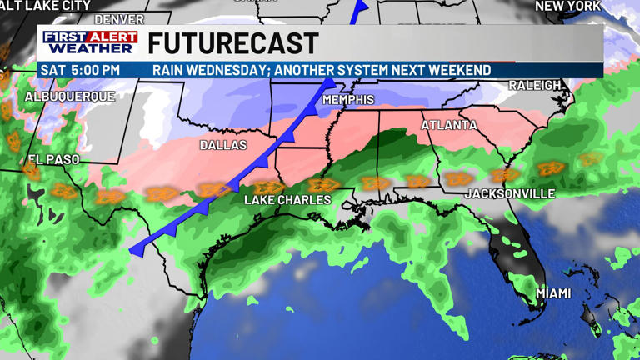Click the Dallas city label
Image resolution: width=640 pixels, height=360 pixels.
tap(223, 145)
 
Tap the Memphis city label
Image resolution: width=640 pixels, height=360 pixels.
tap(348, 100)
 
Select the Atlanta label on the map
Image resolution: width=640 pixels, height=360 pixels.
tap(449, 126)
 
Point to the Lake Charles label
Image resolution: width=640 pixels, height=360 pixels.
tap(287, 200)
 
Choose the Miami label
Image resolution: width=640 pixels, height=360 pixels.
tap(553, 293)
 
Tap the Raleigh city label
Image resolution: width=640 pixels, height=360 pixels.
tap(535, 86)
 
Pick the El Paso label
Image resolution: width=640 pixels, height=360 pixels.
tap(53, 159)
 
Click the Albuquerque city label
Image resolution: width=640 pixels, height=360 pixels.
tap(69, 97)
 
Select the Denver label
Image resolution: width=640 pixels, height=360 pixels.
tap(119, 18)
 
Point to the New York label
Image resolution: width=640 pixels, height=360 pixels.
tap(567, 7)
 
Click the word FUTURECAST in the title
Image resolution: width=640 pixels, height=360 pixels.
tap(233, 43)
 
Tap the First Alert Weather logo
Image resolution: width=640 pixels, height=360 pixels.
tap(90, 43)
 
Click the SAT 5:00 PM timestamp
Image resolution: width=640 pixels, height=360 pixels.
tap(80, 70)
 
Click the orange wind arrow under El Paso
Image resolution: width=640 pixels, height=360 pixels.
tap(32, 172)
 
